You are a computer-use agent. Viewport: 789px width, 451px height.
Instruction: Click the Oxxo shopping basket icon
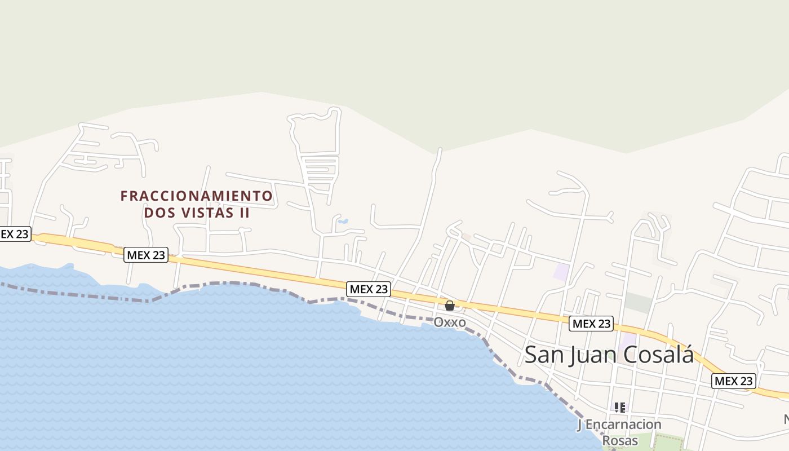450,306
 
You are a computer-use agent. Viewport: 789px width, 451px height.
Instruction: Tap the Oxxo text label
450,322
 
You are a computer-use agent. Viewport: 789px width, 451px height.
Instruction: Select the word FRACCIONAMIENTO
197,196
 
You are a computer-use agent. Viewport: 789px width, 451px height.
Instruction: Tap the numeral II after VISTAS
244,213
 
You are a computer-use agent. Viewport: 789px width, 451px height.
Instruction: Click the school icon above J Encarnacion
620,407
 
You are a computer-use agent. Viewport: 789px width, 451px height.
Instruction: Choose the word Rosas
620,440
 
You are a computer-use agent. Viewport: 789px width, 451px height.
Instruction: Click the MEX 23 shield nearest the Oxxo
369,289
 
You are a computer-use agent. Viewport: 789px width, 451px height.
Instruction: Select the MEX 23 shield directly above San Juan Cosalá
591,324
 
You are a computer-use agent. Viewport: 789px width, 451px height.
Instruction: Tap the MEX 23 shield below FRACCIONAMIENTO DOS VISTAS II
146,255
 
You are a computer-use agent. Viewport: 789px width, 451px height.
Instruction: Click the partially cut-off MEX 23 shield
14,234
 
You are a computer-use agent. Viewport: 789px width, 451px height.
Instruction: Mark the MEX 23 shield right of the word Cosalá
733,381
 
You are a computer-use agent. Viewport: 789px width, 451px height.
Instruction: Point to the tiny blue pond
342,222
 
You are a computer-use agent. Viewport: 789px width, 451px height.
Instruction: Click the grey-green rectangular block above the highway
638,303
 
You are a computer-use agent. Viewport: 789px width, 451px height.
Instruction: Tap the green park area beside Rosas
665,443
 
